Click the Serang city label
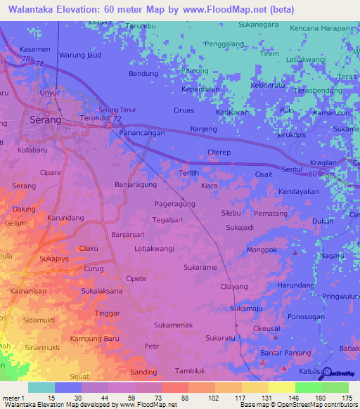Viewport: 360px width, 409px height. point(46,120)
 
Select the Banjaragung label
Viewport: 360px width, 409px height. point(136,186)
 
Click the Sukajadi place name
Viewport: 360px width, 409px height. point(240,228)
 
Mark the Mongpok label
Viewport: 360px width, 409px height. point(262,249)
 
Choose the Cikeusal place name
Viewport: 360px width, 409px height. point(268,327)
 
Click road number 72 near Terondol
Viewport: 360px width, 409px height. point(115,119)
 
